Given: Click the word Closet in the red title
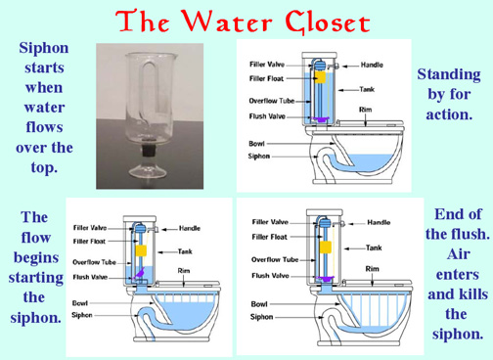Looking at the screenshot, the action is coord(328,22).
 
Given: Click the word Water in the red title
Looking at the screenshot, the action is coord(227,22).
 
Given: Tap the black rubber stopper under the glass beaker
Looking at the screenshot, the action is coord(151,151).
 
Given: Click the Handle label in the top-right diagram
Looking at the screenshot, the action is coord(372,65).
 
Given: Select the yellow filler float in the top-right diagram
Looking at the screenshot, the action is coord(320,77).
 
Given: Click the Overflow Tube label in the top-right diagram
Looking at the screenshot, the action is coord(272,101).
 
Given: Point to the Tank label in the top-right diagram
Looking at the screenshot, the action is coord(367,89).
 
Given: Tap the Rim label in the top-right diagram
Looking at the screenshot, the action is coord(365,110).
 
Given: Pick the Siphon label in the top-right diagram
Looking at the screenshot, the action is coord(259,157).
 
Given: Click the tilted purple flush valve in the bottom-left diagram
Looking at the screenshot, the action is coord(139,273).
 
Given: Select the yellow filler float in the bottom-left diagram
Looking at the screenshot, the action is coord(141,250).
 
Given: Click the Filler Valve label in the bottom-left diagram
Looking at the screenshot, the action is coord(90,228).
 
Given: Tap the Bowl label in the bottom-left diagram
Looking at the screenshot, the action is coord(80,303).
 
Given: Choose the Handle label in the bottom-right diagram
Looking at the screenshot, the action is coord(379,222).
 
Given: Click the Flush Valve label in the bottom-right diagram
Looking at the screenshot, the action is coord(270,276).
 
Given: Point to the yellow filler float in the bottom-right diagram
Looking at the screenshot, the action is coord(326,247).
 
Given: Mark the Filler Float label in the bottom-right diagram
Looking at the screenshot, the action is coord(269,237).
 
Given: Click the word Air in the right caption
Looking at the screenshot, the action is coord(458,254).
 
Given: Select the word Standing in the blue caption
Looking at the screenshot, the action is coord(449,75).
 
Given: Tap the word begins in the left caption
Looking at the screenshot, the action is coord(36,258).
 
